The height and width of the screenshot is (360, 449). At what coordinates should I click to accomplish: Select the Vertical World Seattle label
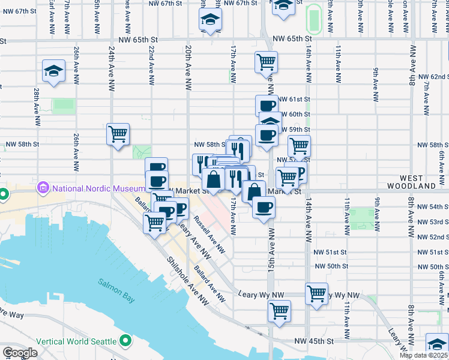pyautogui.click(x=76, y=341)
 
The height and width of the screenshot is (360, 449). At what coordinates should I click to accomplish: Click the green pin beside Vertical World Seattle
pyautogui.click(x=125, y=341)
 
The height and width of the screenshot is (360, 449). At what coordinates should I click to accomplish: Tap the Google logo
pyautogui.click(x=19, y=353)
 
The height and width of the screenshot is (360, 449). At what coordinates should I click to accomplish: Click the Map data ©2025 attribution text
pyautogui.click(x=423, y=355)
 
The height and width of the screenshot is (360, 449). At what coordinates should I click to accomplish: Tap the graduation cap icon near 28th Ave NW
pyautogui.click(x=54, y=71)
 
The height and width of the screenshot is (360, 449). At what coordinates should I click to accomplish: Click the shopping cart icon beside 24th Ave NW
pyautogui.click(x=118, y=134)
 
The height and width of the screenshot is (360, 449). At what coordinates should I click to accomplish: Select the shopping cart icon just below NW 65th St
pyautogui.click(x=266, y=61)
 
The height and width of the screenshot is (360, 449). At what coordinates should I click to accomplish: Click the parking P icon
pyautogui.click(x=299, y=174)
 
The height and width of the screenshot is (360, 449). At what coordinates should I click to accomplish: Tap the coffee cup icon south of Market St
pyautogui.click(x=264, y=208)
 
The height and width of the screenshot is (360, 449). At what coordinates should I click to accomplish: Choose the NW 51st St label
pyautogui.click(x=331, y=251)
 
